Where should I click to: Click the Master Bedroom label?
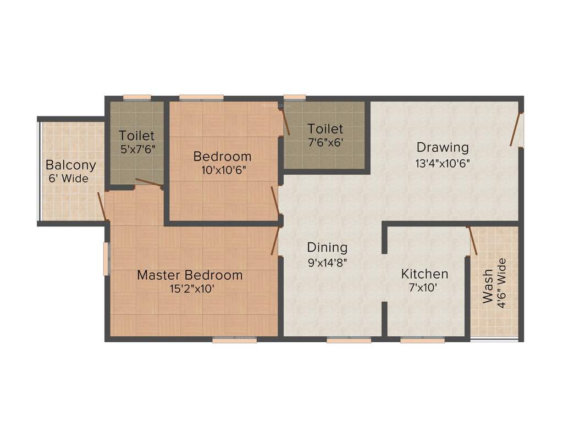[x=190, y=275]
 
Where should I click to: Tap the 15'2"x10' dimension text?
[x=190, y=288]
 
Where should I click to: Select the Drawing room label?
[x=443, y=147]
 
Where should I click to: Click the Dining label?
[x=327, y=247]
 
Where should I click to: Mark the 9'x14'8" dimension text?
[x=327, y=262]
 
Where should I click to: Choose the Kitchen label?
[x=424, y=274]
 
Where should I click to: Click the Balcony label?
[x=70, y=165]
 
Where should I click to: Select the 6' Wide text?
[x=68, y=178]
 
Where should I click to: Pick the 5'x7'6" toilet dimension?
[x=137, y=148]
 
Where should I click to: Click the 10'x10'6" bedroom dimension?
[x=223, y=170]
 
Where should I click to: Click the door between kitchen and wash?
[x=472, y=240]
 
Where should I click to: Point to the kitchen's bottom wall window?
[x=422, y=341]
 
